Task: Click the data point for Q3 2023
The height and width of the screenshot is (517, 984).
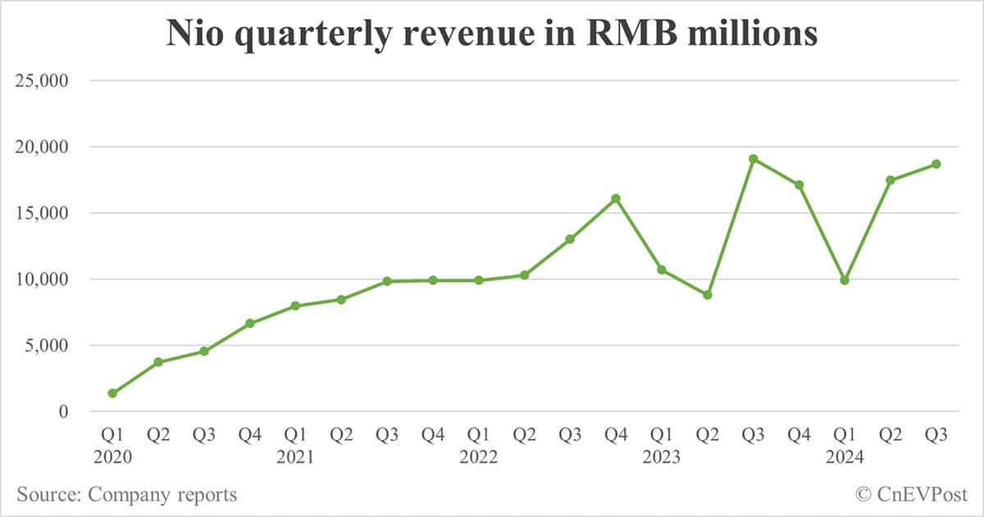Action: (x=753, y=159)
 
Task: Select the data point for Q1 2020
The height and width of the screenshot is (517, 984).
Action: (x=112, y=393)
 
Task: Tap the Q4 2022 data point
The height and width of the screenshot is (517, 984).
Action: (x=616, y=198)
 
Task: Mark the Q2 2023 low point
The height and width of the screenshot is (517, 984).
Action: (x=708, y=295)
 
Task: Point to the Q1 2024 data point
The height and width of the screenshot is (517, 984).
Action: (x=845, y=280)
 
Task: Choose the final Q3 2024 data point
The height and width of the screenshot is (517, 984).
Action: (x=936, y=164)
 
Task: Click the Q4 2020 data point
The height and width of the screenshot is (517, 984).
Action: (x=250, y=324)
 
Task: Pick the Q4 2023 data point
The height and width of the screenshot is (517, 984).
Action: (x=799, y=185)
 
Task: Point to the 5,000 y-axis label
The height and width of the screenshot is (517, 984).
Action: (x=46, y=346)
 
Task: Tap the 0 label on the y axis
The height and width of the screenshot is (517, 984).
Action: (x=61, y=412)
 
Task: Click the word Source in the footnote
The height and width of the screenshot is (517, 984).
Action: (x=47, y=494)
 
